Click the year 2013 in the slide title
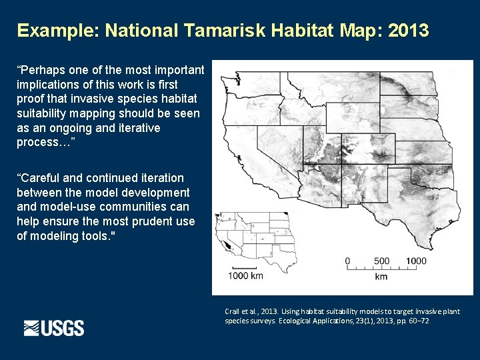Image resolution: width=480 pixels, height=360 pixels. point(407,31)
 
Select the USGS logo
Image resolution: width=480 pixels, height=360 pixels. point(54,328)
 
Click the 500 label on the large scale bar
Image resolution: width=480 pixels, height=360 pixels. point(382,261)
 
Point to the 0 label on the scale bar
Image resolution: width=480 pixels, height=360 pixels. point(347,261)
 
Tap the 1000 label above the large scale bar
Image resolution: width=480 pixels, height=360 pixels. point(415,261)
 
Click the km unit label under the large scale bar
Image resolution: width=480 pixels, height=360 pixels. point(381,276)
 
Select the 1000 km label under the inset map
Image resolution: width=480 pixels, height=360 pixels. point(245,275)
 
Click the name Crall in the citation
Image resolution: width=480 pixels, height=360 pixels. point(233,311)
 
